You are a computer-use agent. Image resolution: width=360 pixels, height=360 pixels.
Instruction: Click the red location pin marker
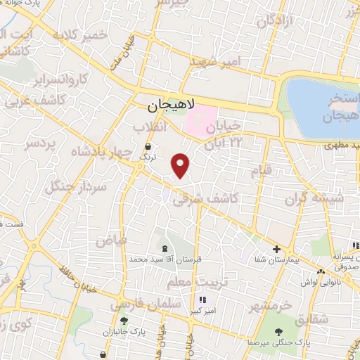tap(181, 165)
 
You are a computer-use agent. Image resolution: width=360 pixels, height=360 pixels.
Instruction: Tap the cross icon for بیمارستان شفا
tap(277, 249)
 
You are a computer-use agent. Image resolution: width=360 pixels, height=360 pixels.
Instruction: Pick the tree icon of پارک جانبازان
tap(124, 321)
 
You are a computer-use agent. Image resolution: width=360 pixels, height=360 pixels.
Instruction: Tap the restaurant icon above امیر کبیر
tap(203, 300)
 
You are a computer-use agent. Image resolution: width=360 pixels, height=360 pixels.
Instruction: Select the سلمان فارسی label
tap(137, 304)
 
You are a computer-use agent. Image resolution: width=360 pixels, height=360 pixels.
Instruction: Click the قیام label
tap(259, 170)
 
